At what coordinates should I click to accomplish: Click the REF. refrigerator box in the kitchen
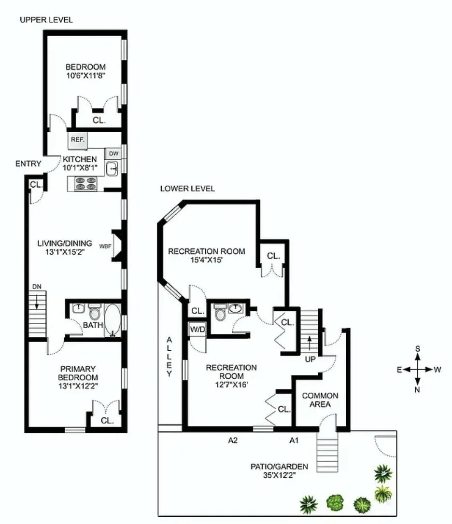tap(78, 140)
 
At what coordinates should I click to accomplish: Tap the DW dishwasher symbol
tap(113, 153)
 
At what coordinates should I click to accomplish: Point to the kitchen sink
tap(113, 168)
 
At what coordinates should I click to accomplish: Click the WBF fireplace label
tap(106, 246)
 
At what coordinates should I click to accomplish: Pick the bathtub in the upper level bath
tap(113, 318)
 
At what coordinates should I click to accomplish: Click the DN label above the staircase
tap(37, 287)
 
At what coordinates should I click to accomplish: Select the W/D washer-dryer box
tap(197, 330)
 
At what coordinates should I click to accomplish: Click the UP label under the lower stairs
tap(310, 360)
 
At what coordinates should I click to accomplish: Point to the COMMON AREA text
tap(320, 400)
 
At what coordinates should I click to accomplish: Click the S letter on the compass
tap(418, 349)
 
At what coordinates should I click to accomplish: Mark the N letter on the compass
tap(418, 390)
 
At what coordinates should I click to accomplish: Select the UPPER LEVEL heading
tap(46, 20)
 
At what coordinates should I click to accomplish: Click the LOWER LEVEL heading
tap(188, 189)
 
